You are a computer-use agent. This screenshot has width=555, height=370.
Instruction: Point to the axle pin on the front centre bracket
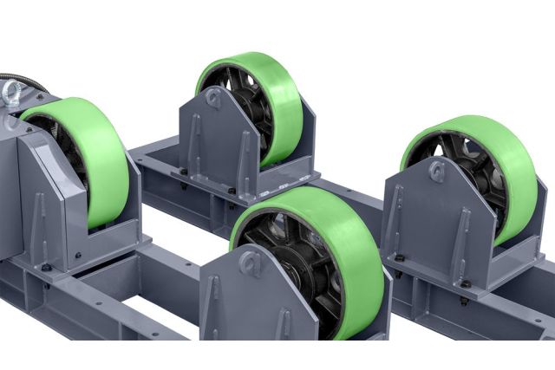pyautogui.click(x=251, y=262)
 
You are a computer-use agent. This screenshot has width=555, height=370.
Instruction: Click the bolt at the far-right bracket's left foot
pyautogui.click(x=400, y=259)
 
